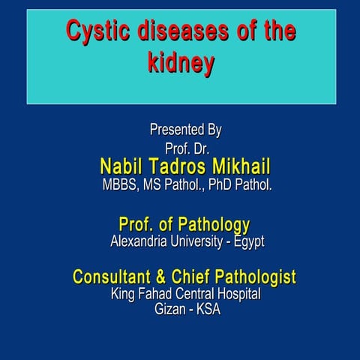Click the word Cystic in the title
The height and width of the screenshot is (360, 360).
point(91,31)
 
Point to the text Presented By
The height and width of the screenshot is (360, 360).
point(185,130)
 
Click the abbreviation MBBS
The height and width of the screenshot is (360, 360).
point(120,184)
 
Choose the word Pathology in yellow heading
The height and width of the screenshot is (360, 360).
point(208,224)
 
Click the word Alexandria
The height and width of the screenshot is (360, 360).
point(142,241)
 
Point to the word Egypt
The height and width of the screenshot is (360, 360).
point(249,241)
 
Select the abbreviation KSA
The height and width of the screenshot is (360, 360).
point(208,310)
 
